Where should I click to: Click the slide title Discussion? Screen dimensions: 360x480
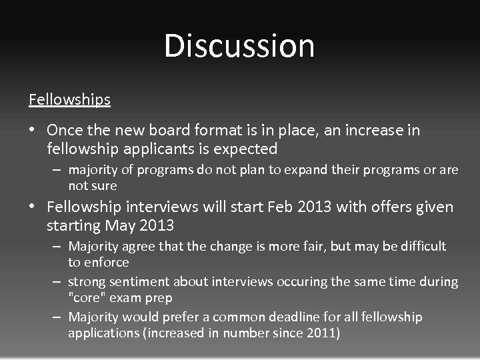(239, 45)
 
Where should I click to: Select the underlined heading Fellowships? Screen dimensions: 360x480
(69, 99)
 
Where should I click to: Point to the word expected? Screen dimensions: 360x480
(249, 148)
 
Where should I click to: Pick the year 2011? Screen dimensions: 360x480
(323, 333)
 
